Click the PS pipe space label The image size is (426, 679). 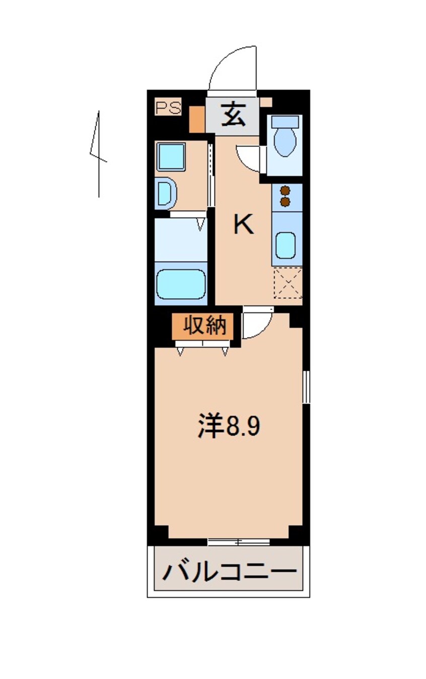168,108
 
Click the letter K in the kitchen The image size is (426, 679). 243,224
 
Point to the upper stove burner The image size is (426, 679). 286,191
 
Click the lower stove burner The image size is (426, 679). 286,201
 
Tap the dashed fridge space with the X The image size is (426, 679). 288,283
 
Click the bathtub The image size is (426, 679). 181,284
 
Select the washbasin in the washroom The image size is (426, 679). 165,193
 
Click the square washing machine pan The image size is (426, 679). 171,156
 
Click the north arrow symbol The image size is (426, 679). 98,153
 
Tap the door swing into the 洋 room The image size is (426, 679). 256,324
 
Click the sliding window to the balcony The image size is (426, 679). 239,542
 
